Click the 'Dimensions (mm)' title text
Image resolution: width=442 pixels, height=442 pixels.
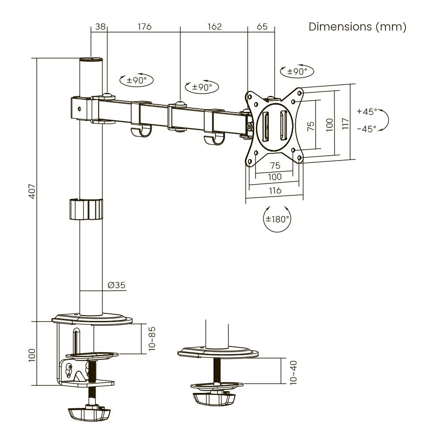(x=357, y=27)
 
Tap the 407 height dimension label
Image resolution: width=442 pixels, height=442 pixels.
(x=32, y=191)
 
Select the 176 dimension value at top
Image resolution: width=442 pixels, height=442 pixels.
(x=145, y=27)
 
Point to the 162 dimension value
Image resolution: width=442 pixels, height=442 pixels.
(x=214, y=27)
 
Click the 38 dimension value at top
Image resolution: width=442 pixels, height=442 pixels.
(x=99, y=27)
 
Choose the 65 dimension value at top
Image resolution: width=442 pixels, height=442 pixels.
(x=262, y=27)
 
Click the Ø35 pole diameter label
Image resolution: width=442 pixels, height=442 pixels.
(x=117, y=285)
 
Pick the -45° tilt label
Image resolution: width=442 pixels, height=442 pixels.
(x=366, y=129)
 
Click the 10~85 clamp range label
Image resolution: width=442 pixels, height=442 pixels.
(x=152, y=339)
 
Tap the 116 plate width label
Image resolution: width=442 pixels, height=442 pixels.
(x=275, y=191)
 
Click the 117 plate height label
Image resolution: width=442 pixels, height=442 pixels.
(x=345, y=122)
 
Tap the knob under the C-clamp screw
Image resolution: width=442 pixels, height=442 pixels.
(x=88, y=415)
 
